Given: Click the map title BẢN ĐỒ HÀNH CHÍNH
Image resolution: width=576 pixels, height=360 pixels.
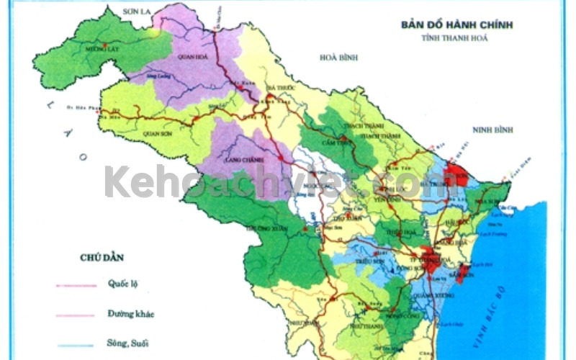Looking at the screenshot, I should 457,24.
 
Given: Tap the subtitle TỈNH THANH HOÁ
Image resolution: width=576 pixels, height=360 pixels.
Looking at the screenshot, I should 457,38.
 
